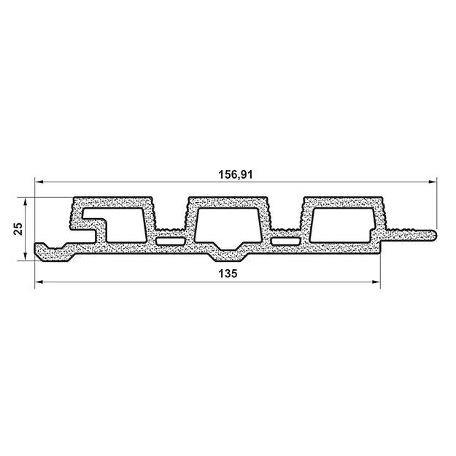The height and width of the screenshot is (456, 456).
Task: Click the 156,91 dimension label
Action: tap(236, 174)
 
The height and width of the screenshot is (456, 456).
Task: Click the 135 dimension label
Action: tap(228, 274)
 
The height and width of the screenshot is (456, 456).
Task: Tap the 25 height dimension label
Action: tap(18, 228)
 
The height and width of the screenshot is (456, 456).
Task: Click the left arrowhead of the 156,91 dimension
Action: tap(39, 182)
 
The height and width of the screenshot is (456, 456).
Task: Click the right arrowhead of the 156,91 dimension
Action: tap(433, 182)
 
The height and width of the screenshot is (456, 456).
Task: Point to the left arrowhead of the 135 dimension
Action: tap(39, 282)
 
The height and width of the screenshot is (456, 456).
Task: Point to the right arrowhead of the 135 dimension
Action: tap(376, 282)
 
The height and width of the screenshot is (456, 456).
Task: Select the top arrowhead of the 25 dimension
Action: tap(26, 202)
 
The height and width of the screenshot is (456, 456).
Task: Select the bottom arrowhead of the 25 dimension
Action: tap(26, 257)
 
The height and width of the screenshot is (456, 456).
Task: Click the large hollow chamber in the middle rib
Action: tap(227, 225)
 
